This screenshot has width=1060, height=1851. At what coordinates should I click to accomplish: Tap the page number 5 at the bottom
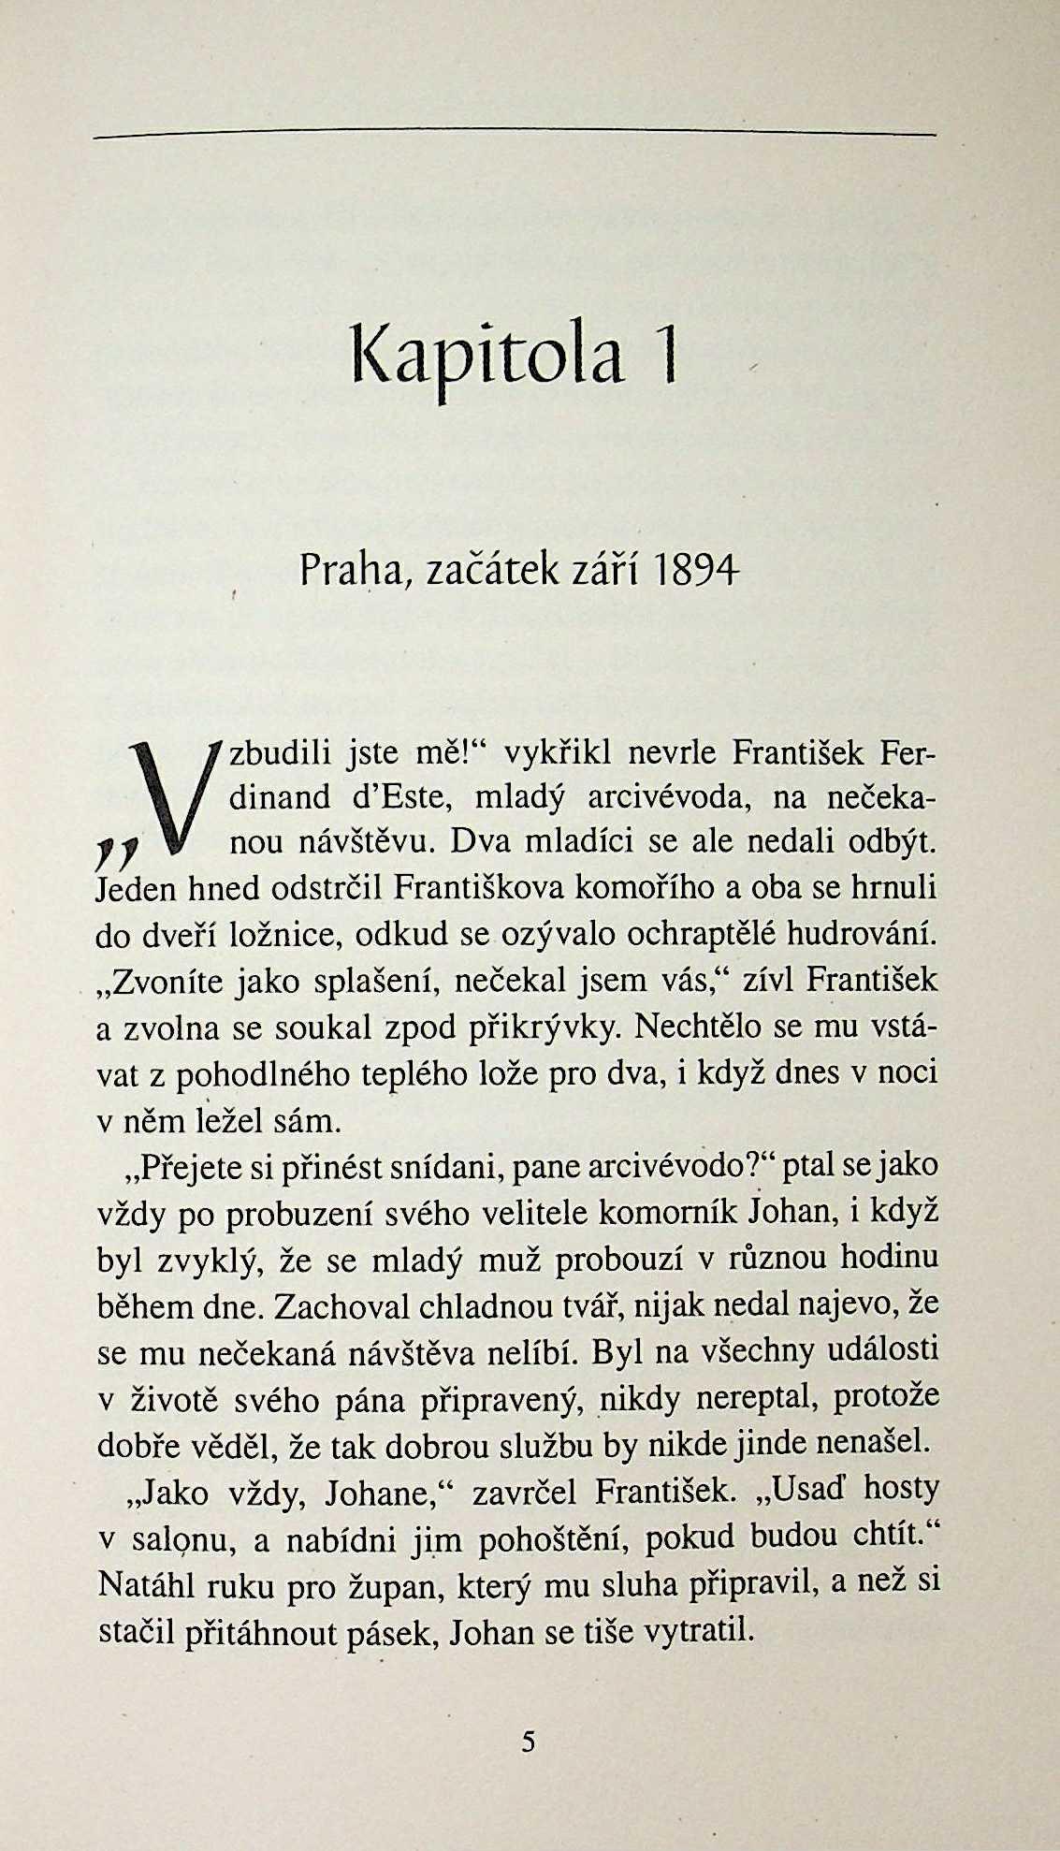529,1742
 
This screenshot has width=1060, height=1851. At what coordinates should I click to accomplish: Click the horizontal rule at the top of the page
515,137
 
